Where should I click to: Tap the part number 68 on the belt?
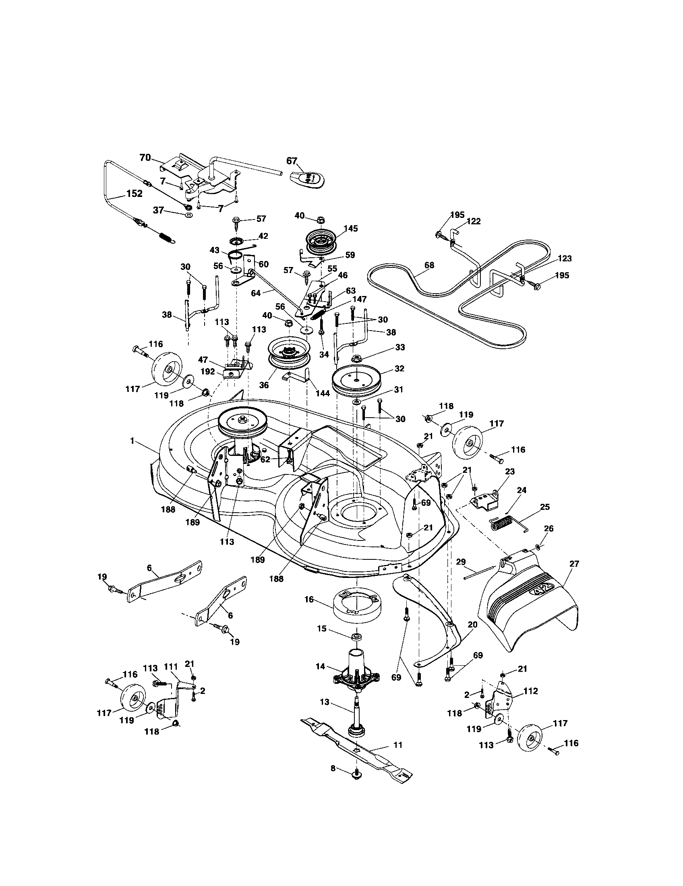click(x=429, y=265)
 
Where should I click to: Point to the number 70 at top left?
click(x=145, y=158)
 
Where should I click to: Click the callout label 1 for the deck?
click(x=132, y=440)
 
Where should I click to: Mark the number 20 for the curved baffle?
click(x=472, y=625)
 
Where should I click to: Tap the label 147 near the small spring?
click(x=359, y=299)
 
